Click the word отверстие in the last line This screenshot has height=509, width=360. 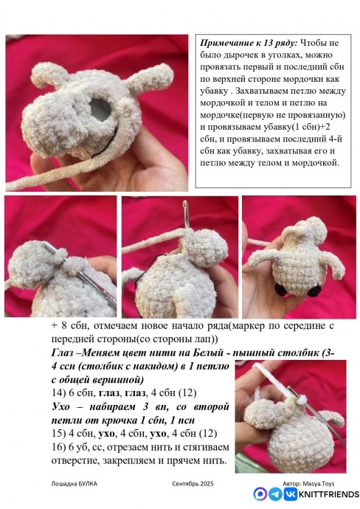point(83,461)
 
